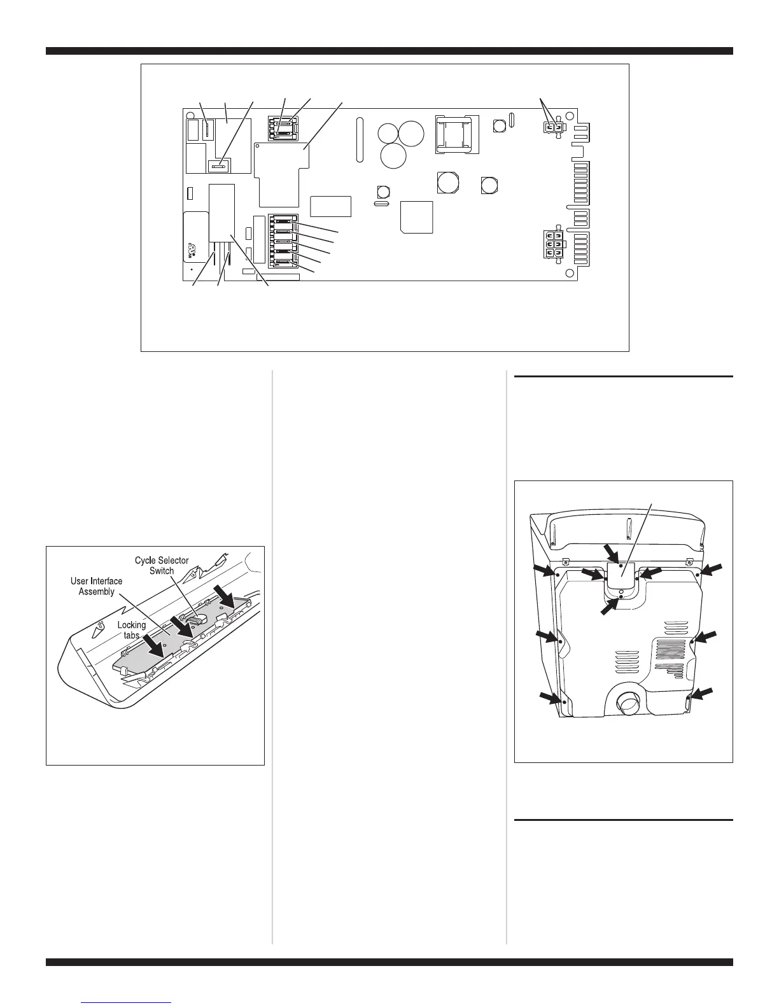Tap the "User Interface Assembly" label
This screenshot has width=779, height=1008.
(x=97, y=586)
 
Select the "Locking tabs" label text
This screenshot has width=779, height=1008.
(x=131, y=630)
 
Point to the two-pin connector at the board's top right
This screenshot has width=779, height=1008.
(x=552, y=128)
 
